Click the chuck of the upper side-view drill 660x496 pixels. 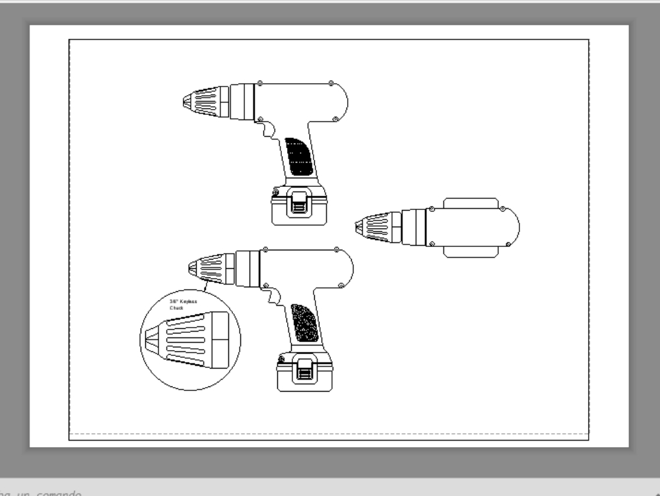(205, 102)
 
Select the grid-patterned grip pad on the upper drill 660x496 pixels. (299, 157)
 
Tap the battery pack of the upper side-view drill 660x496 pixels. (299, 209)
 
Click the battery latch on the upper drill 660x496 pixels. (299, 201)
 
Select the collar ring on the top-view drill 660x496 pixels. (414, 227)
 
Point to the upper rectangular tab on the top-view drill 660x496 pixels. (471, 202)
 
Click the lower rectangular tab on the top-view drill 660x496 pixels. (471, 252)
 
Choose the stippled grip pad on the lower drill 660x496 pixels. (305, 323)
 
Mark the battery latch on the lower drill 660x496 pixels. (304, 369)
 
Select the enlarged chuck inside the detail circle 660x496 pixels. (189, 339)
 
